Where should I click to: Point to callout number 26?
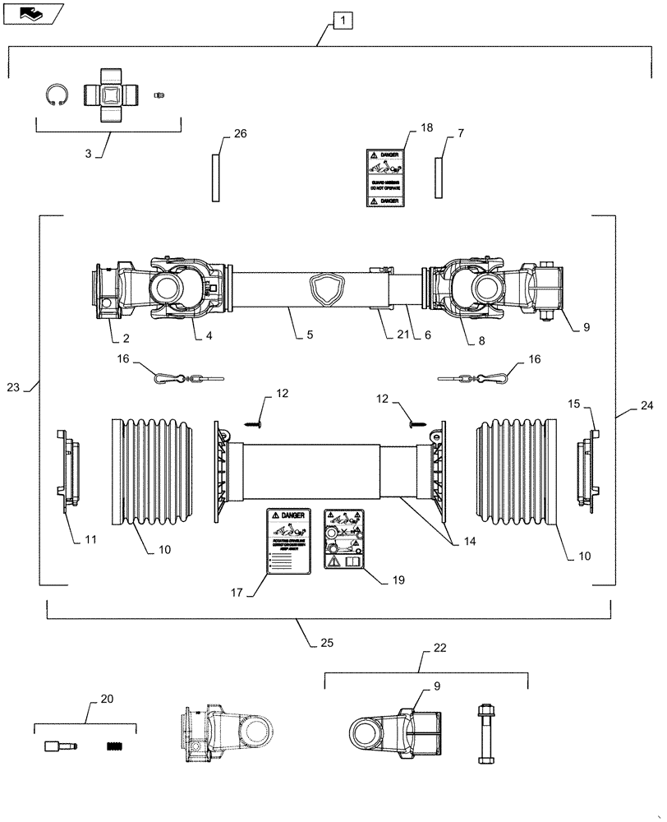[x=217, y=133]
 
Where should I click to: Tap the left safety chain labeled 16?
[x=187, y=378]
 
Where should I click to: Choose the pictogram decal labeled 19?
[x=346, y=538]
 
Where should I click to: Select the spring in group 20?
[x=119, y=746]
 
